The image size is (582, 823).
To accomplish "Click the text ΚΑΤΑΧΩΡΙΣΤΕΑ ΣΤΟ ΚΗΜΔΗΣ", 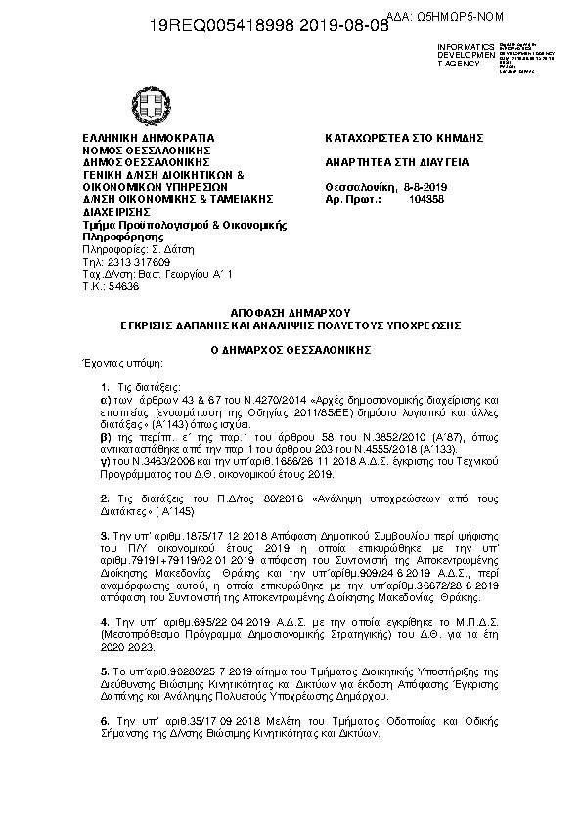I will coord(404,138).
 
